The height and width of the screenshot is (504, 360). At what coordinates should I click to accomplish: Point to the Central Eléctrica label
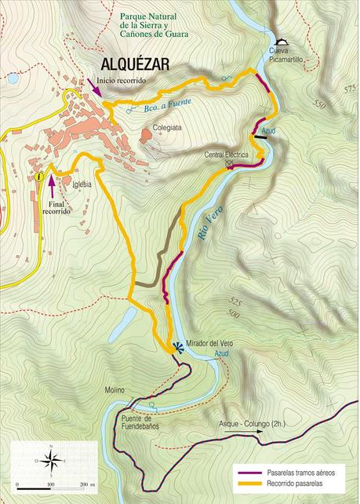[226, 155]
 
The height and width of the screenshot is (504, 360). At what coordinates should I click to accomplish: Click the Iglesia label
[82, 184]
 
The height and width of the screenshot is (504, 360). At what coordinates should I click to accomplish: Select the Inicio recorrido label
[122, 80]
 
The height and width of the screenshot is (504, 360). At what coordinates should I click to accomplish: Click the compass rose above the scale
[50, 460]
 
